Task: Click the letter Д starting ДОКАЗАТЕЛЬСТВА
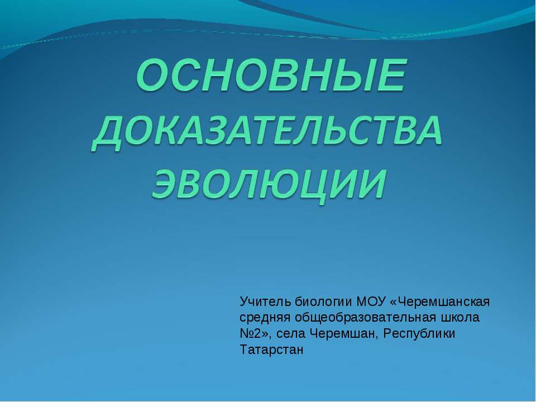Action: [x=109, y=134]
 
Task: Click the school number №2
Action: [x=252, y=334]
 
